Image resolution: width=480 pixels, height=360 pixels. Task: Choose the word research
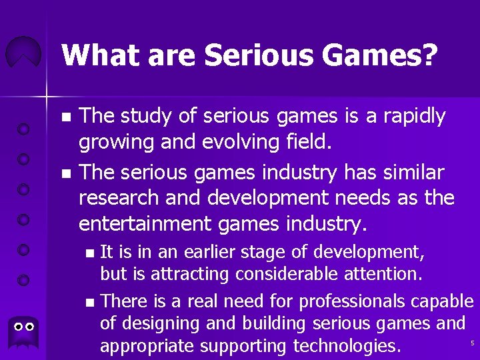click(119, 197)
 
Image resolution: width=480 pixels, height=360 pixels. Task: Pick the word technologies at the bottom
click(345, 347)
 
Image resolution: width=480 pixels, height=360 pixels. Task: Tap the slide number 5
click(471, 343)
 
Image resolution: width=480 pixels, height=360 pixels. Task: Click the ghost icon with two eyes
click(24, 328)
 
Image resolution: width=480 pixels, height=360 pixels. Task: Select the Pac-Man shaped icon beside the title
click(23, 53)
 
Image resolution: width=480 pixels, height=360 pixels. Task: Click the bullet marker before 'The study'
click(65, 117)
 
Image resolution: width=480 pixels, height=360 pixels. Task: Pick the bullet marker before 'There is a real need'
click(90, 303)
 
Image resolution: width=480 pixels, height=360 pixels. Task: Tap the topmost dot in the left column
click(23, 129)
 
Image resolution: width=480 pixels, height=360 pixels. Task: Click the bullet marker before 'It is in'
click(90, 253)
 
